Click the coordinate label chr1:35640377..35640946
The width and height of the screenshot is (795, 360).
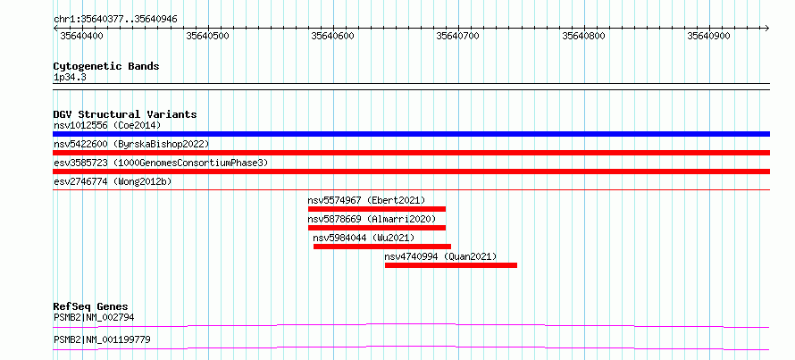click(x=115, y=20)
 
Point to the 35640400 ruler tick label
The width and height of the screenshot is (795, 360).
click(x=81, y=36)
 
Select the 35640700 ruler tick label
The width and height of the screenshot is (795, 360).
click(x=458, y=36)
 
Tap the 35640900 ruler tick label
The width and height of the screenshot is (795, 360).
click(x=709, y=36)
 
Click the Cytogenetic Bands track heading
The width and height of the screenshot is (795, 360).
click(x=106, y=66)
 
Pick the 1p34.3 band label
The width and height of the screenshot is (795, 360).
click(x=71, y=78)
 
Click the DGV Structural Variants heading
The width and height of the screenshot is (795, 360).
click(x=125, y=114)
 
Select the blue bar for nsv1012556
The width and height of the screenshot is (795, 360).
click(x=411, y=134)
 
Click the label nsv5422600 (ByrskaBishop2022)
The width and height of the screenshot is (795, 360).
click(x=131, y=144)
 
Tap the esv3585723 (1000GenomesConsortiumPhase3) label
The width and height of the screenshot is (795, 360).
click(x=161, y=163)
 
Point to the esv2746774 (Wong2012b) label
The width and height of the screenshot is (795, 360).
click(x=113, y=181)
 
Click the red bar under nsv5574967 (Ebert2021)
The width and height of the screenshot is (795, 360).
click(x=377, y=209)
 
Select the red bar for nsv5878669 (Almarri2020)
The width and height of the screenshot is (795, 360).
click(x=377, y=228)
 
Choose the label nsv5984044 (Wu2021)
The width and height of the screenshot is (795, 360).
click(x=364, y=238)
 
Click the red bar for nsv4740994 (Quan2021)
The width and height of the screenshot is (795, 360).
click(x=451, y=265)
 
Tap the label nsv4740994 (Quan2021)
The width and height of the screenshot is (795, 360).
click(x=440, y=256)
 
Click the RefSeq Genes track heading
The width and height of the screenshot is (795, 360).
click(x=91, y=306)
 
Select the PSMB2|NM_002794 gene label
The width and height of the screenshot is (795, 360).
click(x=94, y=318)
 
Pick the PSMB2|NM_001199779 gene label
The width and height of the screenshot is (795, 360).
click(x=102, y=339)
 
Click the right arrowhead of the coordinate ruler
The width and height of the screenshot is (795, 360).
click(x=767, y=28)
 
